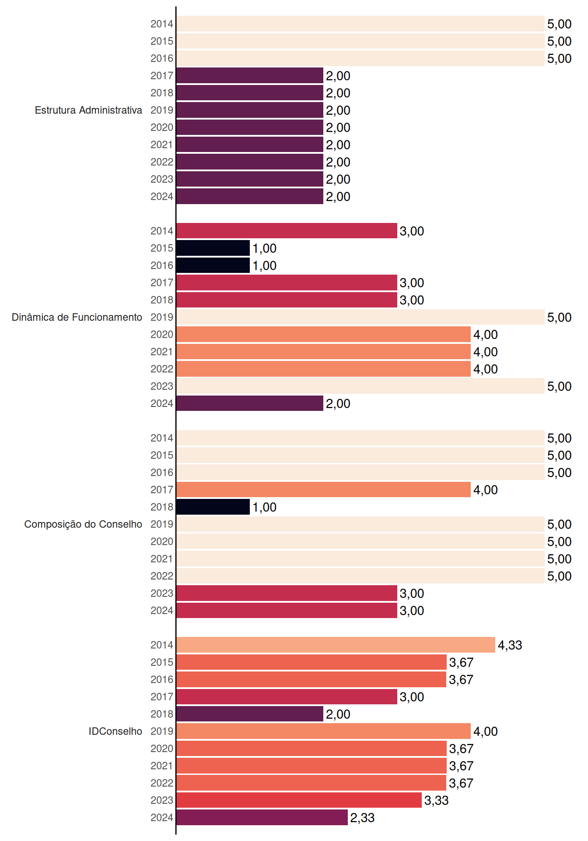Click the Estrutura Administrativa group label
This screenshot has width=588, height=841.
(x=88, y=110)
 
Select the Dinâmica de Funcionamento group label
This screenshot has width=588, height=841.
(x=77, y=317)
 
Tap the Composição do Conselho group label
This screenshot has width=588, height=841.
(x=83, y=524)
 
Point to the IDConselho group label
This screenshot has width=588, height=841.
(x=115, y=731)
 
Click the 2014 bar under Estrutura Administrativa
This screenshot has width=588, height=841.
(x=360, y=24)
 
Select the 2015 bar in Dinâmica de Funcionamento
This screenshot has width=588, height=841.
(x=213, y=248)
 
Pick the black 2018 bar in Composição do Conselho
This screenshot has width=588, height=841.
(x=213, y=507)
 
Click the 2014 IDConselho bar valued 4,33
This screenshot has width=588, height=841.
(x=336, y=645)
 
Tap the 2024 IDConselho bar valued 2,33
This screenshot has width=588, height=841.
(x=262, y=817)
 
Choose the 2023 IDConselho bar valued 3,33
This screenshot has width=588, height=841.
(x=299, y=800)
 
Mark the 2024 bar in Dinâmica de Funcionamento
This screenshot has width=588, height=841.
(x=250, y=403)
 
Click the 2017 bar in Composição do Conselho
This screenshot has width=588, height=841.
(x=323, y=490)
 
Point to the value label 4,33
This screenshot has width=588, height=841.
(x=510, y=645)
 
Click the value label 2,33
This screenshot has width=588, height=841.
(x=363, y=818)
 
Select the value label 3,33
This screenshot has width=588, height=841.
(x=437, y=801)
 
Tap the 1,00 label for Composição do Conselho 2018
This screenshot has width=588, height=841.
(x=265, y=507)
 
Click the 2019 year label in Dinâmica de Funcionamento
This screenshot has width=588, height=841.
(x=162, y=317)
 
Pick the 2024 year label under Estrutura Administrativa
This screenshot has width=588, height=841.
(x=162, y=197)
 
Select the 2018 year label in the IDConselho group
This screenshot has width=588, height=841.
(x=162, y=714)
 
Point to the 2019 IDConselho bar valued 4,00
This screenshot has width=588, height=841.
(x=323, y=731)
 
